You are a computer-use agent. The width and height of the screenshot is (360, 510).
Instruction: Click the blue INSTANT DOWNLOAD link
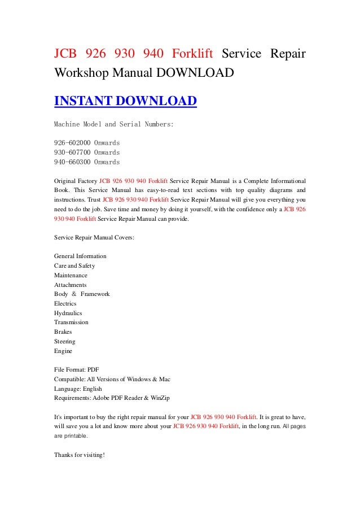coord(125,101)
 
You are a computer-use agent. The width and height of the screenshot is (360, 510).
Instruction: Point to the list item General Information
coord(80,256)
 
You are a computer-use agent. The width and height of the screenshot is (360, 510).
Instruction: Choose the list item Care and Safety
coord(74,265)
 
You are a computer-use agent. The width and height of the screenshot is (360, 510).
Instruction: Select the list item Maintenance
coord(71,275)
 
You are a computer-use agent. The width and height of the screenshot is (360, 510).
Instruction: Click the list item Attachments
coord(71,285)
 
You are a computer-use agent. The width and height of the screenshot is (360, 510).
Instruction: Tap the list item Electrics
coord(65,303)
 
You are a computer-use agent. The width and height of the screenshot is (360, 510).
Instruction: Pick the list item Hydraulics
coord(68,313)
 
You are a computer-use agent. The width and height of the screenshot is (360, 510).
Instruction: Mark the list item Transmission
coord(71,322)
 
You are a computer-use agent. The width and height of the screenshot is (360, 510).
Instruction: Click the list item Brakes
coord(63,332)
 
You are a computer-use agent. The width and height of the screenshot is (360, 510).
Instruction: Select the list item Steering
coord(64,342)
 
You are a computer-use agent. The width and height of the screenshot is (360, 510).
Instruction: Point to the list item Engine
coord(63,351)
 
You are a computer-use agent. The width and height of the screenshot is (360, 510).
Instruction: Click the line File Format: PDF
coord(76,370)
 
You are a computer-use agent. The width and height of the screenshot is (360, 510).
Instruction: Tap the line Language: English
coord(78,389)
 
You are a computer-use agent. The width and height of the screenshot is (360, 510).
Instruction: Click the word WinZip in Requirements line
coord(160,398)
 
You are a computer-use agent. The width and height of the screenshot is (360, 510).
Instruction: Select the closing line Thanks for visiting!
coord(80,455)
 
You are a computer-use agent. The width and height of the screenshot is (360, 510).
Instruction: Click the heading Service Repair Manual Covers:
coord(94,238)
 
